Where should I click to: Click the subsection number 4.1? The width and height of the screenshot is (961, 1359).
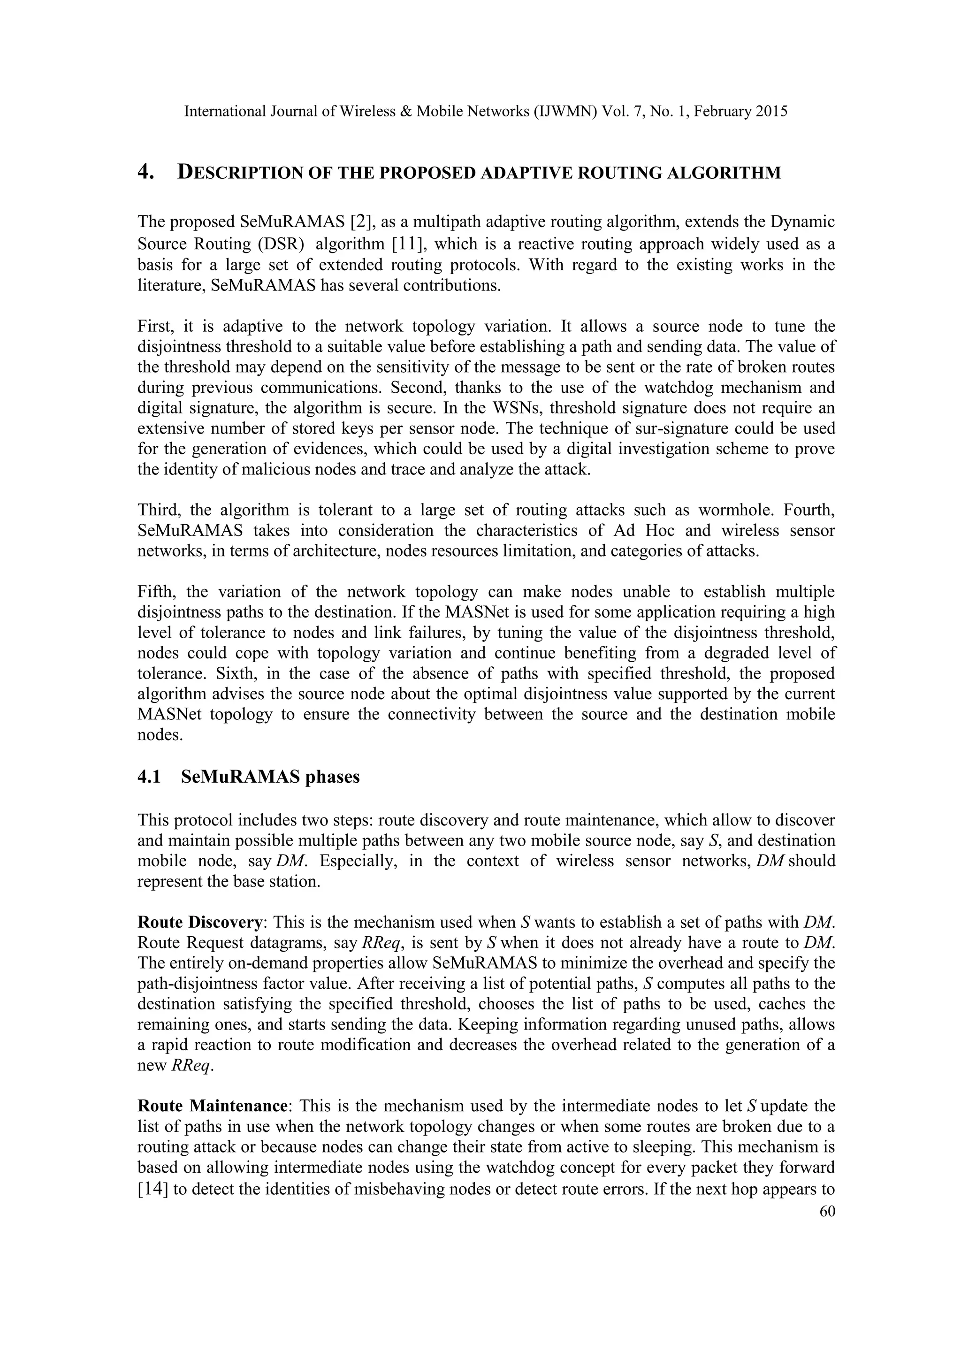[x=150, y=777]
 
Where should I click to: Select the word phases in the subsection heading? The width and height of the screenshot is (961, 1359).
[x=331, y=777]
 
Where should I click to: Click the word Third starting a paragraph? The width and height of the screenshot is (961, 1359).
[x=157, y=510]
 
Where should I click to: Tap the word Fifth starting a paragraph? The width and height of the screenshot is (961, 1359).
[x=155, y=591]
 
